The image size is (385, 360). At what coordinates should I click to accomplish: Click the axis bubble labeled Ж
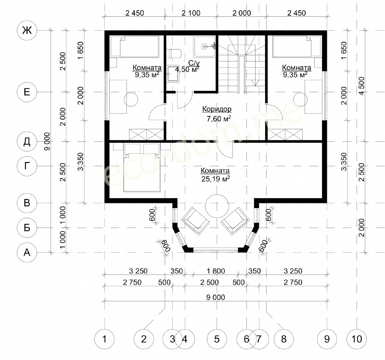pyautogui.click(x=27, y=30)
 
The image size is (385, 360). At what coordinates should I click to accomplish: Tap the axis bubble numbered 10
pyautogui.click(x=357, y=339)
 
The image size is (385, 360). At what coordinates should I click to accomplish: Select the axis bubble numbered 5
pyautogui.click(x=217, y=339)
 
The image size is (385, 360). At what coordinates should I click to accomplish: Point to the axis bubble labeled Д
pyautogui.click(x=27, y=141)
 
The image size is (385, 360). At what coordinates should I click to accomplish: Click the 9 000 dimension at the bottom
pyautogui.click(x=216, y=297)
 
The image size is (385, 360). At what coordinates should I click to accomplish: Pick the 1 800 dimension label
pyautogui.click(x=216, y=271)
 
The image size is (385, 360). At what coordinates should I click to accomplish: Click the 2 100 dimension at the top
pyautogui.click(x=191, y=13)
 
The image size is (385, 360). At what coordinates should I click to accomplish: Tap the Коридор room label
pyautogui.click(x=217, y=109)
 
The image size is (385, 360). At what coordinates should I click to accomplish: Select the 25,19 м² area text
pyautogui.click(x=216, y=179)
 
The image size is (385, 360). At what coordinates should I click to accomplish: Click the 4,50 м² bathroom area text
pyautogui.click(x=187, y=69)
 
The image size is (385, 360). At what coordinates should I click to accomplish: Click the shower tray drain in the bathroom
pyautogui.click(x=204, y=46)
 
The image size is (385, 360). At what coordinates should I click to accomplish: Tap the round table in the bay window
pyautogui.click(x=217, y=206)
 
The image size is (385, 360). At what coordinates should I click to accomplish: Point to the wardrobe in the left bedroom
pyautogui.click(x=146, y=135)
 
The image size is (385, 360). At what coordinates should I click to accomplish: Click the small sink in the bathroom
pyautogui.click(x=173, y=74)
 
